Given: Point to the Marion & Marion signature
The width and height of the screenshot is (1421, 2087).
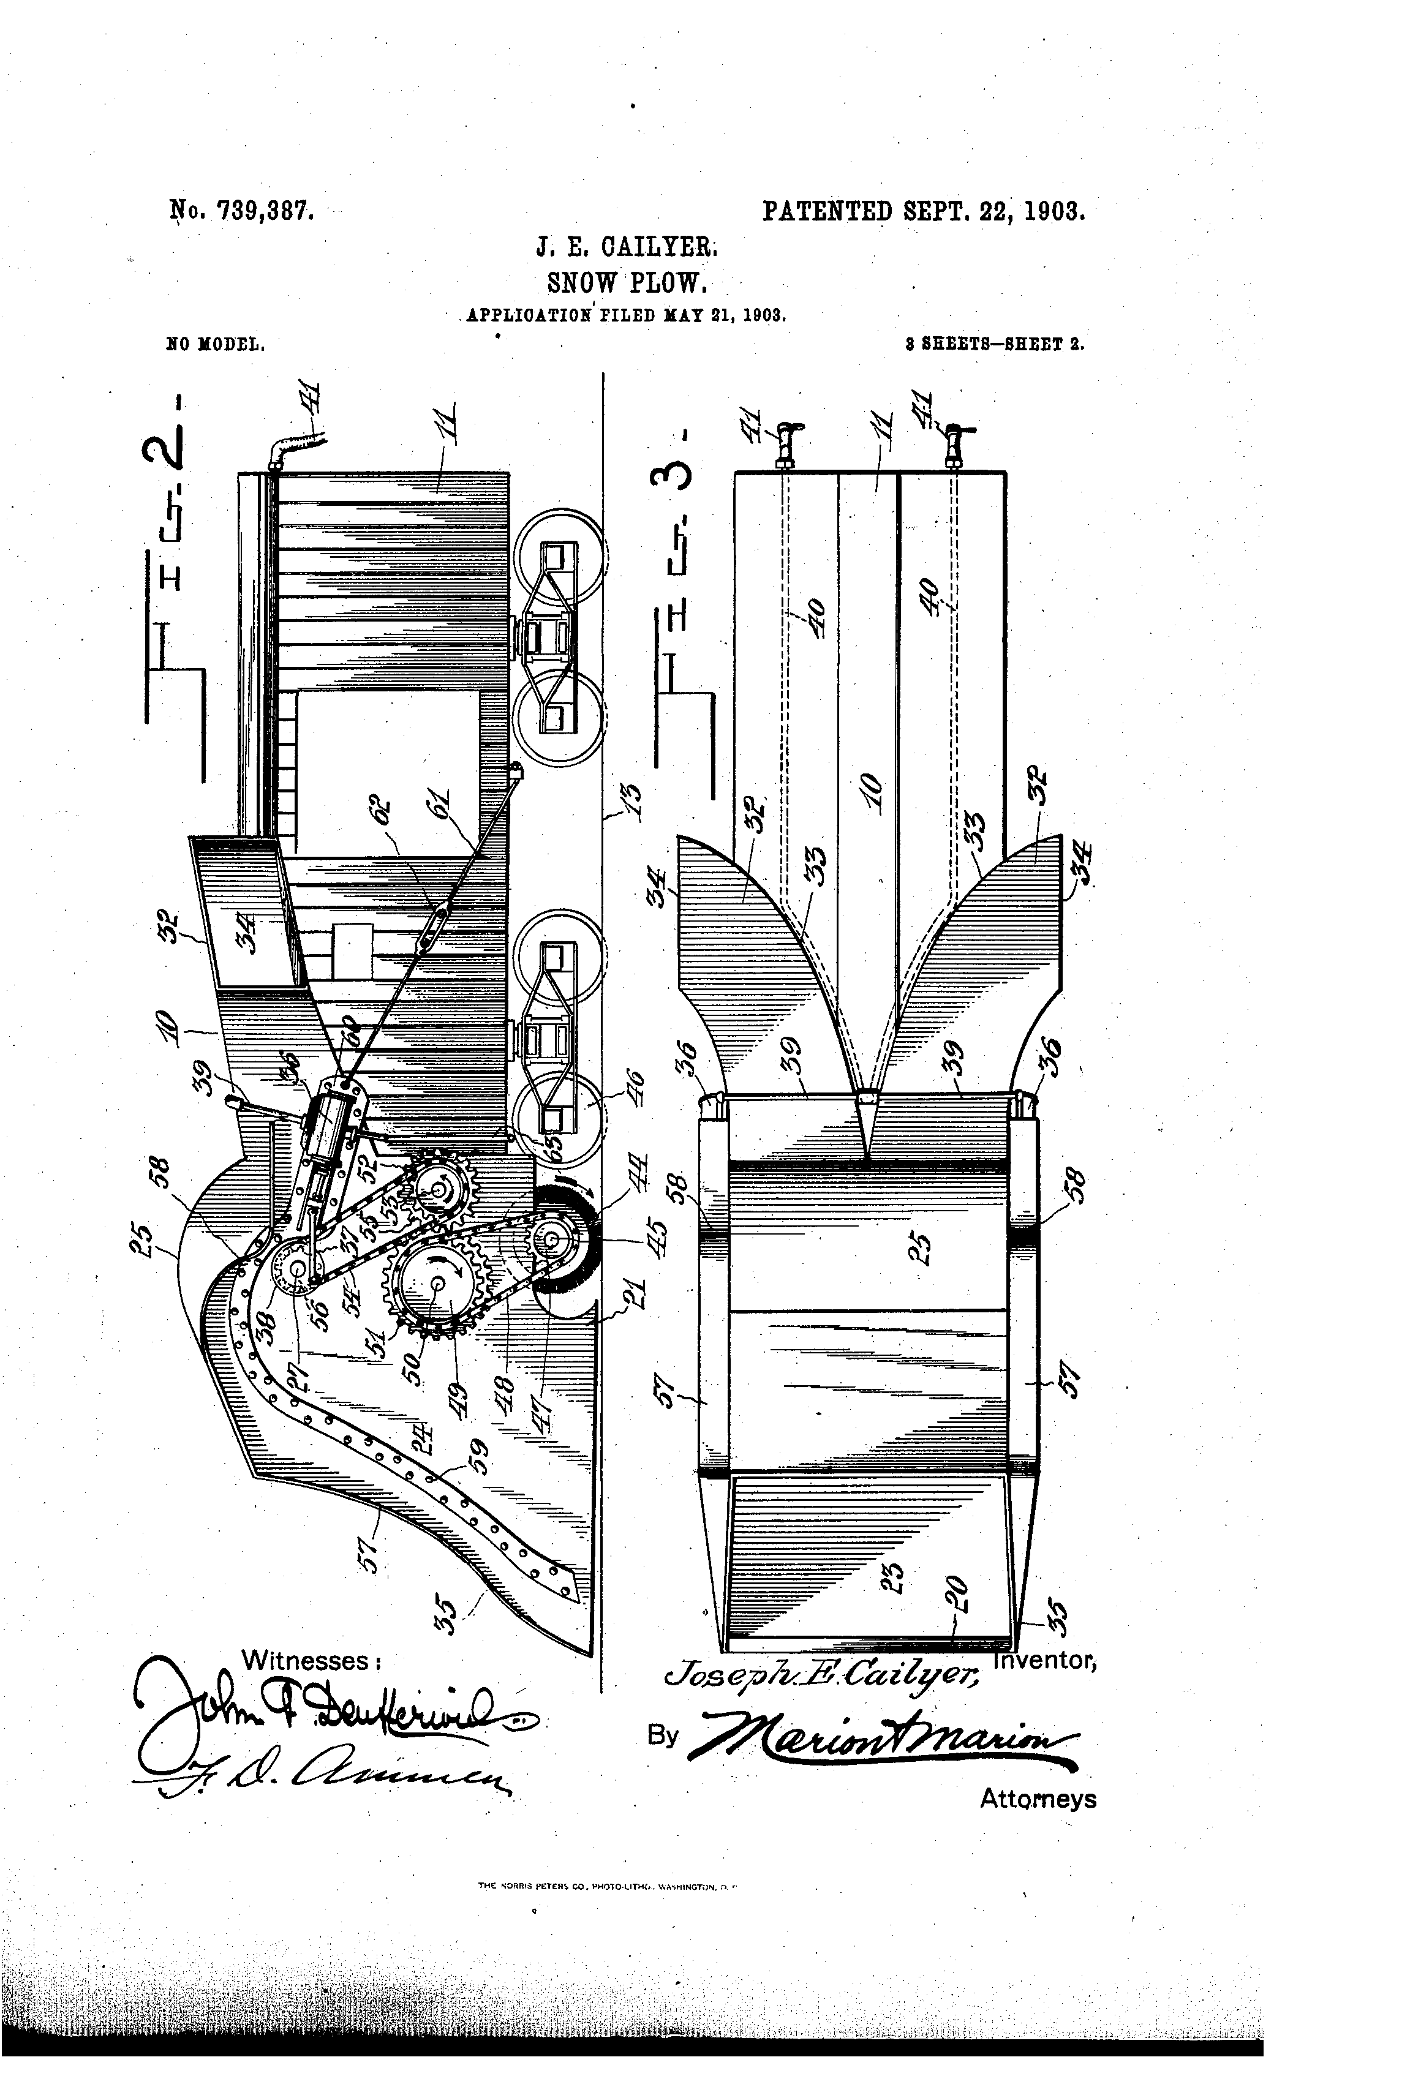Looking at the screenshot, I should tap(880, 1745).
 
